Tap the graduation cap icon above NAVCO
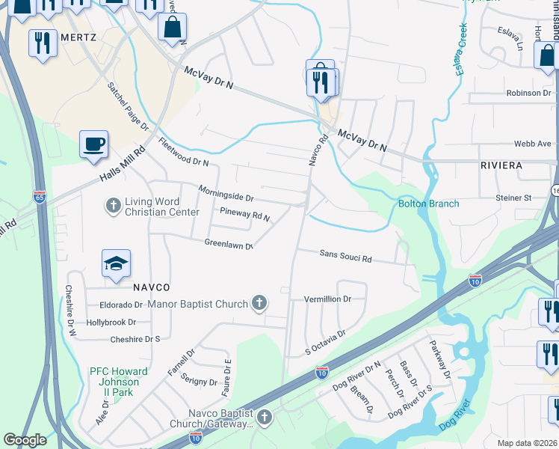click(116, 263)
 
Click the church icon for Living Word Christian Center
click(113, 205)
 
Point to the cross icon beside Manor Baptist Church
click(259, 303)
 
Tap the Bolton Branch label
click(428, 204)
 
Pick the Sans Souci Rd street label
click(345, 257)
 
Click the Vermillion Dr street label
click(327, 299)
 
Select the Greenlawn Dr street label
click(229, 244)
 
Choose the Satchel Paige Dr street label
click(128, 106)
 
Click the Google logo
click(25, 440)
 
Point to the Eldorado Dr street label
click(121, 305)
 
